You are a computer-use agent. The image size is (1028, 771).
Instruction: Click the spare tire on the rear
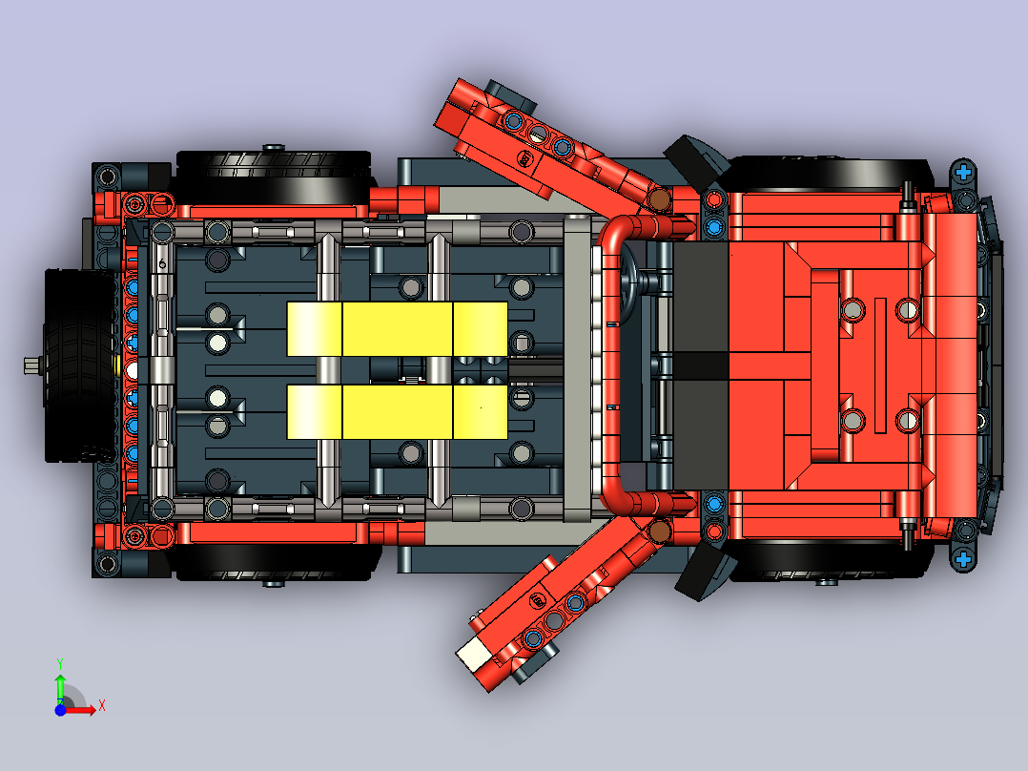tap(78, 365)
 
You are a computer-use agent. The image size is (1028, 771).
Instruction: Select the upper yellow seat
tap(398, 329)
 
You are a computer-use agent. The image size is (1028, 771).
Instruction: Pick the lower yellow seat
tap(398, 412)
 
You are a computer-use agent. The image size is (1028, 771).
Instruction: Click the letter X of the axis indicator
tap(102, 706)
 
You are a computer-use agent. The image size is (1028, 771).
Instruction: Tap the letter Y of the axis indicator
tap(60, 663)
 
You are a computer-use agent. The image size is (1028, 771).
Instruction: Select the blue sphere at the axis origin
tap(60, 710)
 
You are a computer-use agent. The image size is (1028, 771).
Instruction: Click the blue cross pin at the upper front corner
tap(963, 172)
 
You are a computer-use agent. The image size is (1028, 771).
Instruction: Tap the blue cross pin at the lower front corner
tap(963, 560)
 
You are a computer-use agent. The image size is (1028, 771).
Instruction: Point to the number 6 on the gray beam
tap(162, 264)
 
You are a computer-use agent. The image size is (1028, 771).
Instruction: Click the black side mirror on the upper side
tap(696, 159)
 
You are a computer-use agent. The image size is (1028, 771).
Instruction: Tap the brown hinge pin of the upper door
tap(659, 198)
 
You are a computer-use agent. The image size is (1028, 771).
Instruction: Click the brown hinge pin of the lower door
tap(659, 531)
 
